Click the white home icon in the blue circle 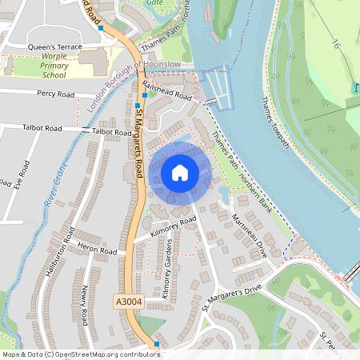pyautogui.click(x=180, y=173)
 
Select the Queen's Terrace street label pyautogui.click(x=55, y=47)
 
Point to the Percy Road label pyautogui.click(x=55, y=94)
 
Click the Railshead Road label pyautogui.click(x=167, y=90)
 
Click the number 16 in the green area pyautogui.click(x=336, y=48)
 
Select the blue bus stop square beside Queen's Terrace pyautogui.click(x=102, y=28)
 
